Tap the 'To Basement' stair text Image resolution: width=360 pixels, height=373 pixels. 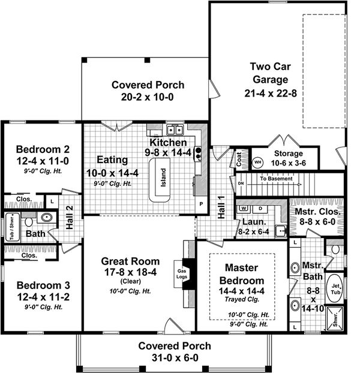pos(277,179)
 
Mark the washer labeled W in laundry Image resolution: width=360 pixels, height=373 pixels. pos(244,208)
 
